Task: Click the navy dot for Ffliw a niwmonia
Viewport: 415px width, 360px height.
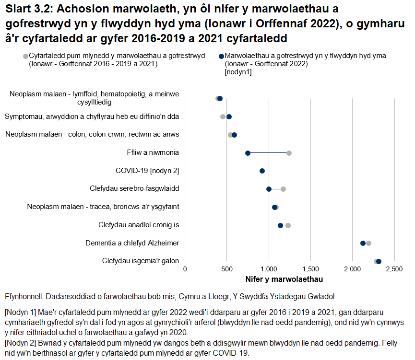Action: click(248, 153)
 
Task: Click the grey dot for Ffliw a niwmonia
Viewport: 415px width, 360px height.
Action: click(289, 153)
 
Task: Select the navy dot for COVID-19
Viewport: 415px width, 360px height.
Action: click(262, 171)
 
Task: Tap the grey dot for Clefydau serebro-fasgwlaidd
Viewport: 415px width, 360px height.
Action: click(283, 189)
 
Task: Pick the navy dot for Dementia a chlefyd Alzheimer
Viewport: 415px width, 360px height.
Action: click(363, 243)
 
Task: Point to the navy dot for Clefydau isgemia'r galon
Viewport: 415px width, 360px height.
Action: click(379, 261)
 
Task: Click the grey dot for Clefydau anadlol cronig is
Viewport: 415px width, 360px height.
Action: click(288, 225)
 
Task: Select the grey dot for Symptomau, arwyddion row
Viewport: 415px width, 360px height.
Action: click(223, 116)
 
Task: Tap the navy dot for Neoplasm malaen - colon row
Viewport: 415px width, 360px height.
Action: click(234, 135)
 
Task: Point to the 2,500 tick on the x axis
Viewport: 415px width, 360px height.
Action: click(394, 269)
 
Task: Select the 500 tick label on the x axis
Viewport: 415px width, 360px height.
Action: click(227, 269)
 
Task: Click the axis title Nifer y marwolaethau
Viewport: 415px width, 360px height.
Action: click(284, 279)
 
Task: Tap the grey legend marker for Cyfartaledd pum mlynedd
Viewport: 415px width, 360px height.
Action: click(25, 57)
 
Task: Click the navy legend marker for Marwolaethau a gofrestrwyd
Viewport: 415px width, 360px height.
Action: click(221, 57)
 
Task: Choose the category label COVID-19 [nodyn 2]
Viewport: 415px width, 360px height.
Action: click(147, 171)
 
